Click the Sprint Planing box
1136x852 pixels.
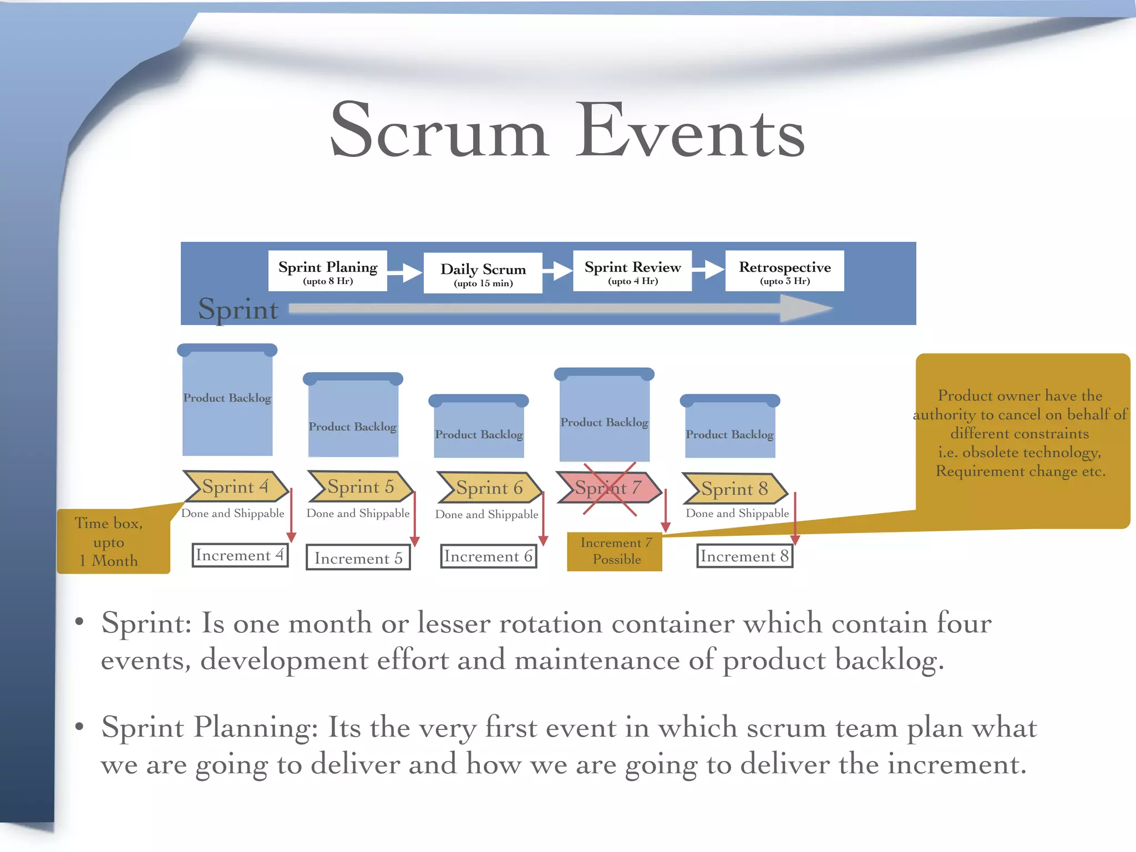[327, 271]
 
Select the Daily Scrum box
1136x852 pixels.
[483, 273]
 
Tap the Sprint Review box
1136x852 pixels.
[632, 271]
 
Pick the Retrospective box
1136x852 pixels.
[784, 271]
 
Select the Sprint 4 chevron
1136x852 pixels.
[235, 486]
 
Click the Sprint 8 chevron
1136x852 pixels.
[734, 489]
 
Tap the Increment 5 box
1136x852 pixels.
[358, 558]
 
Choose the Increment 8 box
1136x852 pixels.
[744, 556]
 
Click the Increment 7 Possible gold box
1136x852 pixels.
[615, 551]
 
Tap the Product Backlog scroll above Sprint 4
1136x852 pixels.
[227, 400]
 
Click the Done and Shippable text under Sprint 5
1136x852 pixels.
[358, 514]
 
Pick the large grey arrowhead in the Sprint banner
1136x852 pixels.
[804, 308]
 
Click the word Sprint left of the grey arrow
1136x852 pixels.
[238, 310]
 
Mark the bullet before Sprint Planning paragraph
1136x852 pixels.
[79, 726]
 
